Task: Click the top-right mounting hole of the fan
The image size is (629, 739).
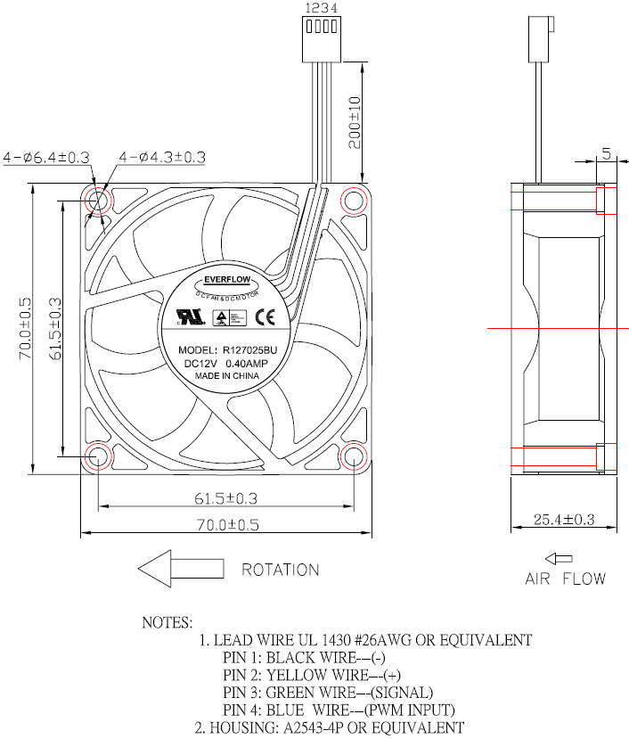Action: tap(354, 200)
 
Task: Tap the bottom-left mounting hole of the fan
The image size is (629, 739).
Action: tap(97, 456)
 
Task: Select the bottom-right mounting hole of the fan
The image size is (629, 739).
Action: tap(354, 456)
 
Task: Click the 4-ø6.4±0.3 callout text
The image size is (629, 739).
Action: tap(46, 157)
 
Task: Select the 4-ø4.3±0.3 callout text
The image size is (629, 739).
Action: tap(162, 157)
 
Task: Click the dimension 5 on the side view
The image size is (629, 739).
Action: tap(606, 154)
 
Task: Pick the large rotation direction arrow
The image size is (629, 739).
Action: tap(181, 568)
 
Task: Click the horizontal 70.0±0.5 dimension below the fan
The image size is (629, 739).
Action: tap(225, 525)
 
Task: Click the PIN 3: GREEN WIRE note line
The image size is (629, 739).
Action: tap(328, 693)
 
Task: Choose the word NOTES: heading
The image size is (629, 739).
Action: tap(167, 622)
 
